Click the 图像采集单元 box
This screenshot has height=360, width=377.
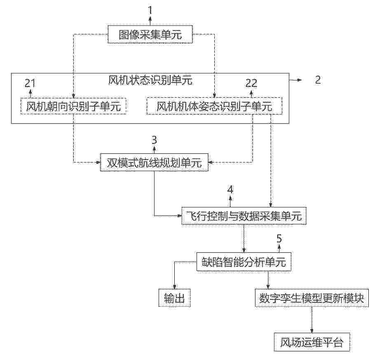coord(150,34)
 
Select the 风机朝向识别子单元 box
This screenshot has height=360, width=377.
coord(73,106)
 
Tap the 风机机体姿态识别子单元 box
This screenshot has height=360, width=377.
coord(214,106)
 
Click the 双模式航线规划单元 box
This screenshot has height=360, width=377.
coord(154,162)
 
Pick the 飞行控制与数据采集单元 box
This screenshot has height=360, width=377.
coord(244,216)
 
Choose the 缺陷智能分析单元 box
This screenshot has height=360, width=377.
coord(244,261)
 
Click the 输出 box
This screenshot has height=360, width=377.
coord(175,298)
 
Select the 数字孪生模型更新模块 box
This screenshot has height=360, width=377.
coord(312,298)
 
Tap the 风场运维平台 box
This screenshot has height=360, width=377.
coord(312,342)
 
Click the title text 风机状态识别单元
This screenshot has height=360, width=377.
coord(150,80)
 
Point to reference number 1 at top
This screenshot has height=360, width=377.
coord(150,10)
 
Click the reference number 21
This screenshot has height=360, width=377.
coord(30,83)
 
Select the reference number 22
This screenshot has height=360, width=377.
coord(251,83)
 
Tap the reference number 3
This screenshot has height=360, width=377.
coord(154,140)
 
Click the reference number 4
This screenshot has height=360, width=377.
coord(230,190)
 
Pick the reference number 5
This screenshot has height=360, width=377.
coord(279,238)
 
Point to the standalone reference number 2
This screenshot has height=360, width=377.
coord(318,80)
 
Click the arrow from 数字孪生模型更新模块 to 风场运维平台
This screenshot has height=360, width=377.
coord(312,320)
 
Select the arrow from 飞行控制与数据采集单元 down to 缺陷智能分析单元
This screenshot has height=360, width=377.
coord(244,238)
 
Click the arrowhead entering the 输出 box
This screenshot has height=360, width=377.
coord(175,287)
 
